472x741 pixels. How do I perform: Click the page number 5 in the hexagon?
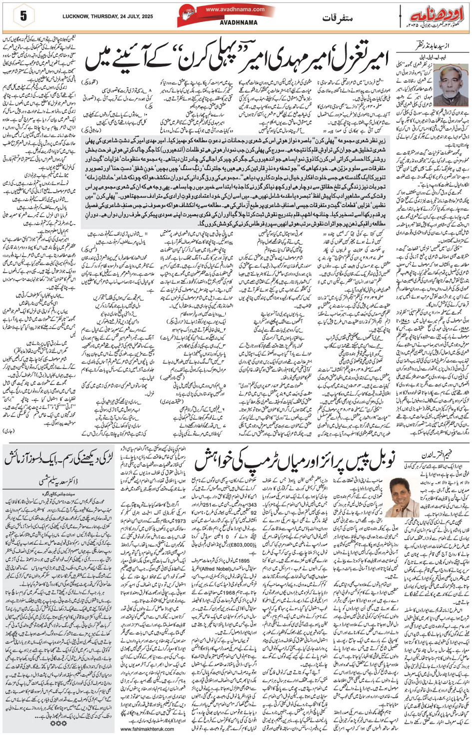tap(23, 16)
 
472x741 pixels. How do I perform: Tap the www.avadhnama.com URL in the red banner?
tap(235, 9)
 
